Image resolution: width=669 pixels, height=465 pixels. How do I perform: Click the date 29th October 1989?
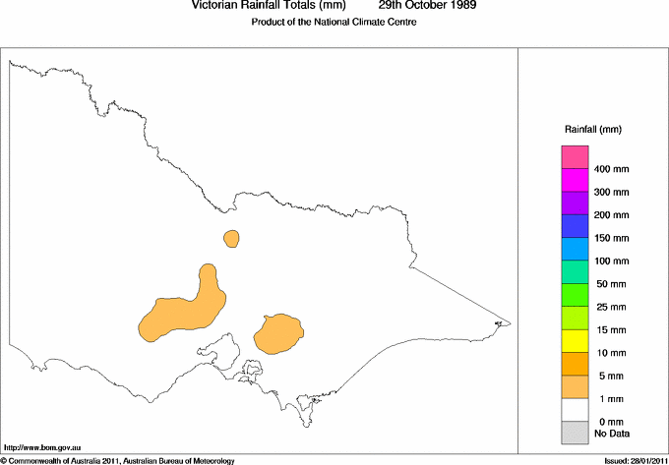point(427,5)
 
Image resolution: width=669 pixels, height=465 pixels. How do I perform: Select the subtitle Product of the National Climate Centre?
point(334,22)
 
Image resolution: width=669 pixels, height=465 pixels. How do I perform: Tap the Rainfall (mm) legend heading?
point(592,129)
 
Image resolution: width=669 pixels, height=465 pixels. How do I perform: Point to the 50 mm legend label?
point(612,284)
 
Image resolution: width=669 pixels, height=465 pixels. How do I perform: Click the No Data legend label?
point(612,433)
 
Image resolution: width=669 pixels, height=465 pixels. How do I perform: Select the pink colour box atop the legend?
point(574,157)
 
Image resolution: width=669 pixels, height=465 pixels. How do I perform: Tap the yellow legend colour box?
point(574,340)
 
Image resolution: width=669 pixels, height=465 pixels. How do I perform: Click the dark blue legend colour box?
point(574,226)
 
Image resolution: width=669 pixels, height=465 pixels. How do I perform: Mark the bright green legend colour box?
point(574,294)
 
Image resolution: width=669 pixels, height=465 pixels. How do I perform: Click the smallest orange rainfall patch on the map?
point(231,238)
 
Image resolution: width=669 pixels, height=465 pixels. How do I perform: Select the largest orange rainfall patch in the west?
point(182,313)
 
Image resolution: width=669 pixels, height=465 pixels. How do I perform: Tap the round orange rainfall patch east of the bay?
point(277,333)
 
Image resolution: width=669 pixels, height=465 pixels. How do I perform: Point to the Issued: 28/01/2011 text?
point(634,460)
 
